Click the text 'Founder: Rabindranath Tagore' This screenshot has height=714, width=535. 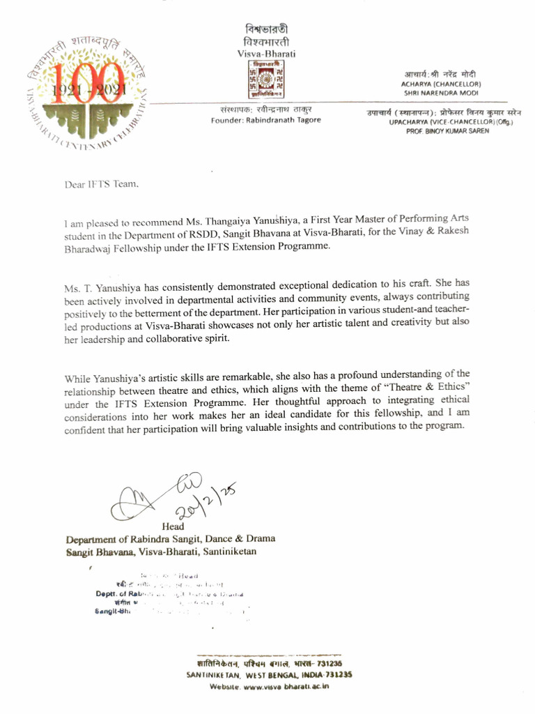point(266,121)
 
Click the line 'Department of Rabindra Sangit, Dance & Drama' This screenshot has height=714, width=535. point(170,538)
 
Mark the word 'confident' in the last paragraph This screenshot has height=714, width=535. point(86,426)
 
